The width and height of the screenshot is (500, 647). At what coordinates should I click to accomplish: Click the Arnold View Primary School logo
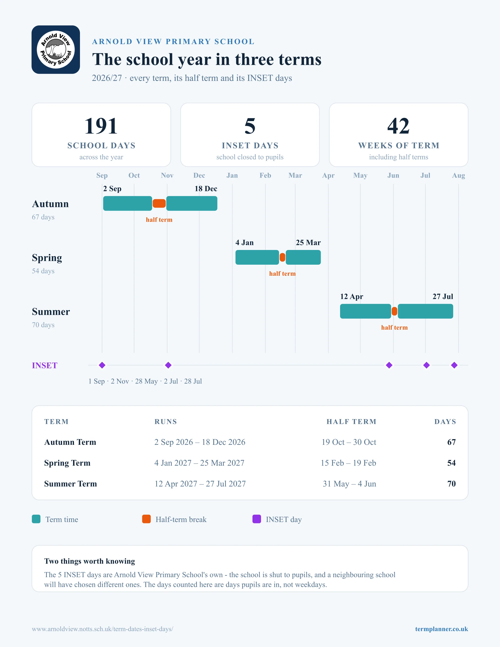56,49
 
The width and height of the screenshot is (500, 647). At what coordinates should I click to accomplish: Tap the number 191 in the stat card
101,126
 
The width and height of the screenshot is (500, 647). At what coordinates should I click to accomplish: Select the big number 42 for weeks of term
398,126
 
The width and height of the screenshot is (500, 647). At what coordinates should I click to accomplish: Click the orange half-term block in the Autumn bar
159,204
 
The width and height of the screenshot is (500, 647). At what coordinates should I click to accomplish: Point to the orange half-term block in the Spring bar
282,257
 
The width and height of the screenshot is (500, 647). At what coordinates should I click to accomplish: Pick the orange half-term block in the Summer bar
394,311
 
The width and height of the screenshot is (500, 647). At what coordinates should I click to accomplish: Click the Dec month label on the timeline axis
199,175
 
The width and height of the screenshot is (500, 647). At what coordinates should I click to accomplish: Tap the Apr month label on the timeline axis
328,175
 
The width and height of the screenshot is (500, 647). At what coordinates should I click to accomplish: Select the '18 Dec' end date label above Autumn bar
206,189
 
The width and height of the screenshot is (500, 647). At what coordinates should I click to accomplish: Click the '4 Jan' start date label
244,243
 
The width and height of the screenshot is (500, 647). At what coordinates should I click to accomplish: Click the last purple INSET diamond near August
454,365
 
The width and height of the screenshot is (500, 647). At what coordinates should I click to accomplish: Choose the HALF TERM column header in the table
351,422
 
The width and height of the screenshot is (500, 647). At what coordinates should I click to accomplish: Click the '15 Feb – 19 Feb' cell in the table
348,463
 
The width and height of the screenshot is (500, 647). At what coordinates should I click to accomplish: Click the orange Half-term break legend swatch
146,519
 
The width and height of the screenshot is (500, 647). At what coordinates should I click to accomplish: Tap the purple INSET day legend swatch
256,519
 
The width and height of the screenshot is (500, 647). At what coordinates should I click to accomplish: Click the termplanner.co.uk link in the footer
441,629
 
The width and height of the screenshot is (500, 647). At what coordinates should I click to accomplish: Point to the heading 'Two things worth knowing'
89,561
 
